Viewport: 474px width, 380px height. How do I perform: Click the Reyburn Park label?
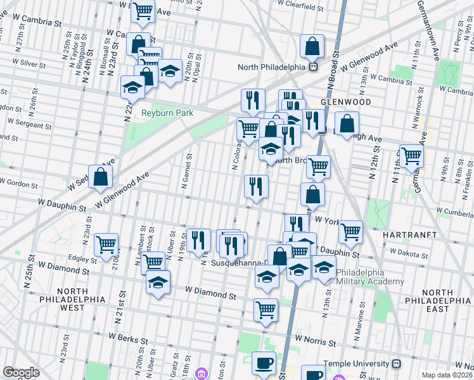tap(167, 113)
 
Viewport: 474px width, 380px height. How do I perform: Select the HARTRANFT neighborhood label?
tap(407, 234)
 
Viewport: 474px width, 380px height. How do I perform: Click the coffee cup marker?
tap(264, 364)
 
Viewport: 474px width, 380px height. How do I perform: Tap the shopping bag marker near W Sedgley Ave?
tap(101, 177)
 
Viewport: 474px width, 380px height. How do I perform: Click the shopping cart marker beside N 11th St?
tap(412, 155)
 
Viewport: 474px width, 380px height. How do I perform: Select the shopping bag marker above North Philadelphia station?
tap(312, 46)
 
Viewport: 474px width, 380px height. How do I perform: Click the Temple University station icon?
tap(397, 364)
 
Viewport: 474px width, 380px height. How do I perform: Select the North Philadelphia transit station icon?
tap(312, 66)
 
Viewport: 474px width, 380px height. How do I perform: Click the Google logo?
tap(21, 372)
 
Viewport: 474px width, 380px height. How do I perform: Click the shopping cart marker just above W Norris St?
tap(266, 310)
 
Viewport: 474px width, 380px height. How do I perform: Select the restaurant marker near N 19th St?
tap(199, 239)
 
